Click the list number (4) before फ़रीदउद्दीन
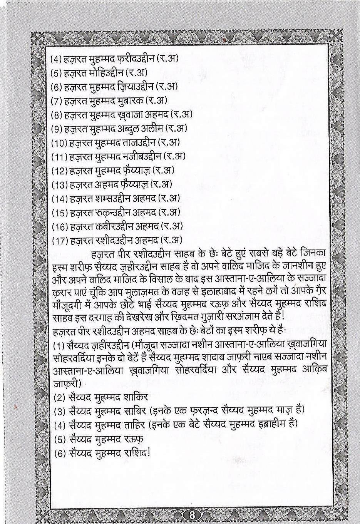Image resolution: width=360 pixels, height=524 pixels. tap(57, 59)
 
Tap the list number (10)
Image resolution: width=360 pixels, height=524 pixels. tap(59, 142)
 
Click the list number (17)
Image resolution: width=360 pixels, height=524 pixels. tap(59, 240)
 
